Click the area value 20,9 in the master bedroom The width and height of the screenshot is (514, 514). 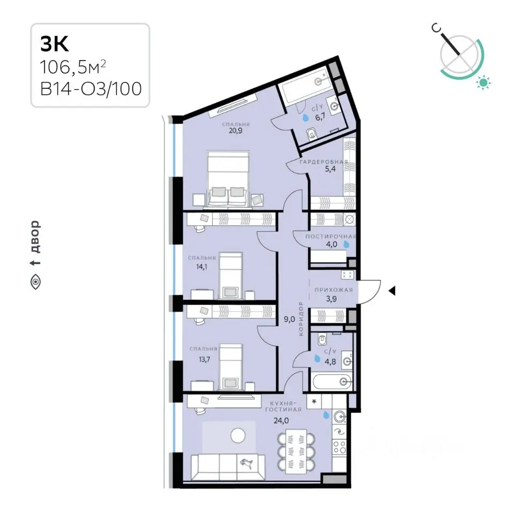coord(236,131)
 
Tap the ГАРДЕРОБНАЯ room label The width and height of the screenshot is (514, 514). coord(324,162)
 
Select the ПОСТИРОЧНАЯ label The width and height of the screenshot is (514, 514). coord(331,236)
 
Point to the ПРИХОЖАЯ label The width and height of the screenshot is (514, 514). coord(334,290)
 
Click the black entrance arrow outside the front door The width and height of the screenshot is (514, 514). coord(392,291)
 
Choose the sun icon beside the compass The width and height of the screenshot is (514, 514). coord(483,82)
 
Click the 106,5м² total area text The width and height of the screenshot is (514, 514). coord(73,67)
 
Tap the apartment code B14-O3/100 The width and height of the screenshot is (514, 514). coord(91,89)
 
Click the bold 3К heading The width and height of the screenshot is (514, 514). coord(55,44)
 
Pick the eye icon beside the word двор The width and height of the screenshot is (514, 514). coord(35,282)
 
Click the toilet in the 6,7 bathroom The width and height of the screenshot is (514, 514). coord(312,134)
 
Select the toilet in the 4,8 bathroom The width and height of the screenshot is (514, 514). coord(322,339)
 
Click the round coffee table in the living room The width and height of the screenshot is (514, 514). coord(238,436)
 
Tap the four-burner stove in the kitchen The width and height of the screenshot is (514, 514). coord(339,447)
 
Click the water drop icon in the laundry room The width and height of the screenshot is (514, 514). coord(346,244)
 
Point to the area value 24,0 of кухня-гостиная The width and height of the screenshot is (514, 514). coord(281,421)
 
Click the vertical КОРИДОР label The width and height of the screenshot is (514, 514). coord(301,319)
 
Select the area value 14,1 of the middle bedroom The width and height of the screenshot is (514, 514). coord(202,267)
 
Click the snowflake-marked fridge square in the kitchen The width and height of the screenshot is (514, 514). coord(314,401)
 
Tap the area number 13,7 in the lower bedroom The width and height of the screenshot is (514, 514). coord(204,360)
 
